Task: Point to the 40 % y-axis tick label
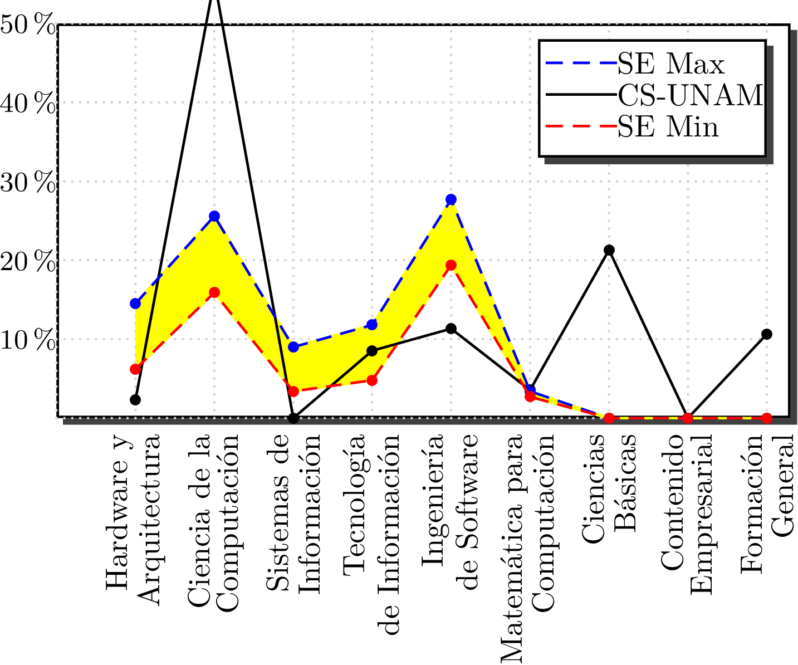point(28,104)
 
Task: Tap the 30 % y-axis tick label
point(28,183)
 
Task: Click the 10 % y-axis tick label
point(28,340)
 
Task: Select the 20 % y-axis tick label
point(28,262)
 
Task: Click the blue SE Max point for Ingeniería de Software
point(451,199)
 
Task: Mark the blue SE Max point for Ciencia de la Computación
point(214,216)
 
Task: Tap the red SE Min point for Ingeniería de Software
point(451,265)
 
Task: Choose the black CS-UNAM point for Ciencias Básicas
point(609,250)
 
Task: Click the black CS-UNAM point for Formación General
point(767,334)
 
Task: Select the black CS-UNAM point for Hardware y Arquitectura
point(135,400)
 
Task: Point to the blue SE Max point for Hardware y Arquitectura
point(135,304)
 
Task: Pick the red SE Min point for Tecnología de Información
point(372,380)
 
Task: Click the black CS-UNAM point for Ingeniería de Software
point(451,329)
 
